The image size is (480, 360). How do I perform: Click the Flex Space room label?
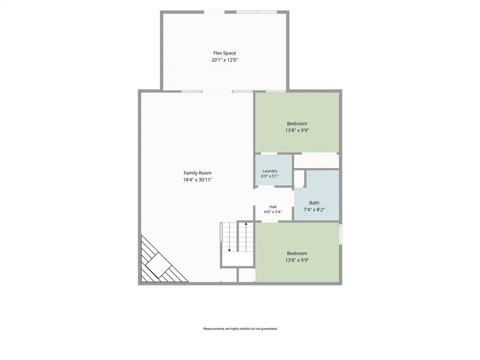tap(225, 53)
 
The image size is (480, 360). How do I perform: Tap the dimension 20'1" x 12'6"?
tap(225, 60)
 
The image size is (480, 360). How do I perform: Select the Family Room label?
tap(197, 173)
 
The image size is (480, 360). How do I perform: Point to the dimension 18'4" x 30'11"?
tap(197, 180)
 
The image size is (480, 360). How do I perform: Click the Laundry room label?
tap(270, 171)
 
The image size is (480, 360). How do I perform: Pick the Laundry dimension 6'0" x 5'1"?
tap(270, 176)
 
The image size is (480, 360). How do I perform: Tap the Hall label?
tap(273, 207)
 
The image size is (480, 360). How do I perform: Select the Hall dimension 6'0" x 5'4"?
tap(273, 212)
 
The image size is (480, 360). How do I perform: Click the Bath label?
tap(314, 202)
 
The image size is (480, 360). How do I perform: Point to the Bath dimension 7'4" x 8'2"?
tap(314, 210)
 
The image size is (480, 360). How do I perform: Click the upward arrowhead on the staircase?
tap(246, 224)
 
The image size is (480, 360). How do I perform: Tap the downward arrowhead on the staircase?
tap(229, 250)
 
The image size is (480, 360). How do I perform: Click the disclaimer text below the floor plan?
tap(240, 329)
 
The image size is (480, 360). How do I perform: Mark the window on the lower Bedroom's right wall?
tap(340, 234)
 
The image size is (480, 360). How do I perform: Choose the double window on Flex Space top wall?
tap(257, 12)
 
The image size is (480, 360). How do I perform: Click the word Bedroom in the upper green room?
tap(297, 124)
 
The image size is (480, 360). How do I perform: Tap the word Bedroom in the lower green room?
tap(297, 254)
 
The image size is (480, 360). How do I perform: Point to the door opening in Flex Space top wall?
tap(214, 12)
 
